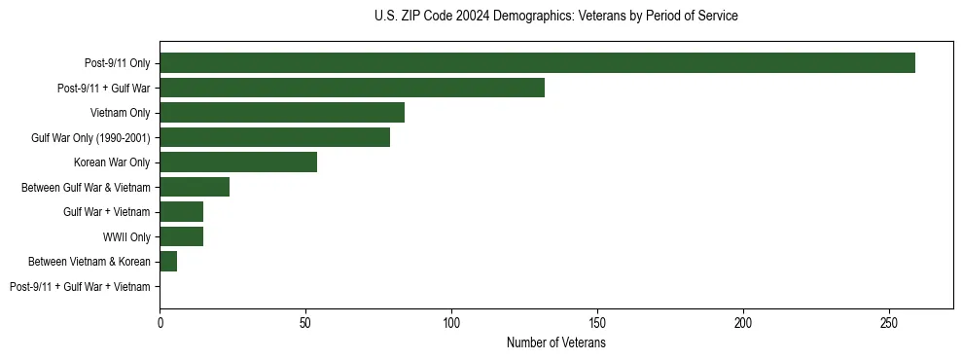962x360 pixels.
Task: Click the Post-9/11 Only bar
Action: point(537,63)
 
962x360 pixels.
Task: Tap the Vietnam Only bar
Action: point(282,113)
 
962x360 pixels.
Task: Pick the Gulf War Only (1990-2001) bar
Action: point(274,137)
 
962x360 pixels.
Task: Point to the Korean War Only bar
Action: point(238,162)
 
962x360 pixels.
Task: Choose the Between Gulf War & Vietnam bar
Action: point(195,187)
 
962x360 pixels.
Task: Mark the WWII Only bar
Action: point(182,236)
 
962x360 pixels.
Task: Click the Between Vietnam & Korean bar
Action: point(168,262)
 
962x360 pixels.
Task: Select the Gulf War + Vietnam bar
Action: point(182,212)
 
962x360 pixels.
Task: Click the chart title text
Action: point(555,17)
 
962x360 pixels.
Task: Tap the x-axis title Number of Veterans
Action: point(555,343)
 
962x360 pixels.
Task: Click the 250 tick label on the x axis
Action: point(889,322)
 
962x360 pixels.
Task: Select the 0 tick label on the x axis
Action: point(160,322)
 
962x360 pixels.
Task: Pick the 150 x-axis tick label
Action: point(597,322)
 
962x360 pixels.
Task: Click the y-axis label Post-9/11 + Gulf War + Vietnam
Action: point(80,287)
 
